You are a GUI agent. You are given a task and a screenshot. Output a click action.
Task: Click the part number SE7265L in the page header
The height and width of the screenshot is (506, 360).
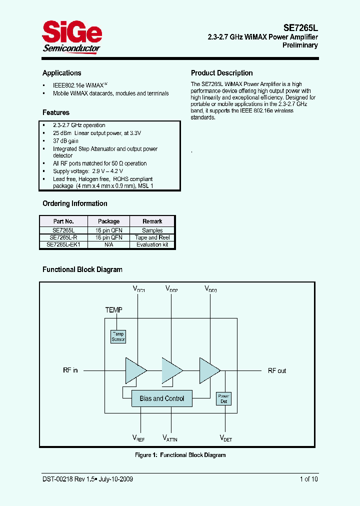click(298, 28)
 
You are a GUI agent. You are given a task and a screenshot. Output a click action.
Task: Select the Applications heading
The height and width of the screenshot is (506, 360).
click(61, 73)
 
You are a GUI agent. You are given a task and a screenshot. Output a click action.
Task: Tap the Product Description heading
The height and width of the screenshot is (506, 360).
click(222, 73)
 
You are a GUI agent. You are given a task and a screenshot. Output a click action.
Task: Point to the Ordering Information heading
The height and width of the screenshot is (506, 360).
click(74, 203)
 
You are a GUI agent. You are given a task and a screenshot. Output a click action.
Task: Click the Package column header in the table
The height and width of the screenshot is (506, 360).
click(108, 221)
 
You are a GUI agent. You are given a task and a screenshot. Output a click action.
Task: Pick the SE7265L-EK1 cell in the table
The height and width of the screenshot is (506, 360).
click(63, 244)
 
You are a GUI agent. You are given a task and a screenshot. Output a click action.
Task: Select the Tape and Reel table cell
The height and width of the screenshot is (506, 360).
click(152, 237)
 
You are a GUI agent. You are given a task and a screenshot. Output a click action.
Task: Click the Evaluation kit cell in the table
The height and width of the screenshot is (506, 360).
click(152, 244)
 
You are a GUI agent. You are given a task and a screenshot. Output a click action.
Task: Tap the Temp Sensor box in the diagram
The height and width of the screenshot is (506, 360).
click(118, 336)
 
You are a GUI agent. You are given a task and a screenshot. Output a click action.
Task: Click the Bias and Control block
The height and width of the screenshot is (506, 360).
click(161, 398)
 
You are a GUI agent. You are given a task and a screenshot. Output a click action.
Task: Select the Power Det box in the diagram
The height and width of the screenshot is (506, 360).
click(223, 398)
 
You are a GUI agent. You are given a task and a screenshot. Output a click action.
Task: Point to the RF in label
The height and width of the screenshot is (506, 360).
click(70, 370)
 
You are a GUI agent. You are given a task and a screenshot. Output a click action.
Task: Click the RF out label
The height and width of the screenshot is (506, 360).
click(277, 370)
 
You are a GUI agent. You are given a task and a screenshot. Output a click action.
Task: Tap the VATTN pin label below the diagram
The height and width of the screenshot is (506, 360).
click(170, 438)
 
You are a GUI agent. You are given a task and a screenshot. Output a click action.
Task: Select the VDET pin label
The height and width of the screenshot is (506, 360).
click(226, 438)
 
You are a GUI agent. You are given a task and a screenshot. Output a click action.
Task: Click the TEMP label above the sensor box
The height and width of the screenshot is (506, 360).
click(113, 310)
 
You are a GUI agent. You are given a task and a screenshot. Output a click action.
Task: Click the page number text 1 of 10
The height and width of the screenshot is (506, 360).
click(308, 479)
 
